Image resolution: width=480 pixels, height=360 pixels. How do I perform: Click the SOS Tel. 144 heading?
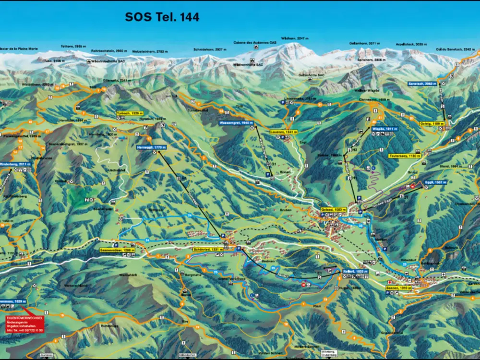162,17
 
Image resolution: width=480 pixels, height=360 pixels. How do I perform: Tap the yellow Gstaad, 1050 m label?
333,210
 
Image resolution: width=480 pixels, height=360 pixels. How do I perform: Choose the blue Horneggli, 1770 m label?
151,147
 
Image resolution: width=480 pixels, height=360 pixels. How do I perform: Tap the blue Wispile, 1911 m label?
385,129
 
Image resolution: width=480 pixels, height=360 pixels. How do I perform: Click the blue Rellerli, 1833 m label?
356,271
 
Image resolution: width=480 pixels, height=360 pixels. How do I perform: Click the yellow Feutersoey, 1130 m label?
404,156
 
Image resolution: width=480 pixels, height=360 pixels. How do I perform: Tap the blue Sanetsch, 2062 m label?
423,84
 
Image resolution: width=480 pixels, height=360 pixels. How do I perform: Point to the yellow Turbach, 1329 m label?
130,113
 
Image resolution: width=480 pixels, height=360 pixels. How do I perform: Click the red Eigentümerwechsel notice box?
24,324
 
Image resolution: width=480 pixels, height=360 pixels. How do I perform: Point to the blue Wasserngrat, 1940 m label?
236,123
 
